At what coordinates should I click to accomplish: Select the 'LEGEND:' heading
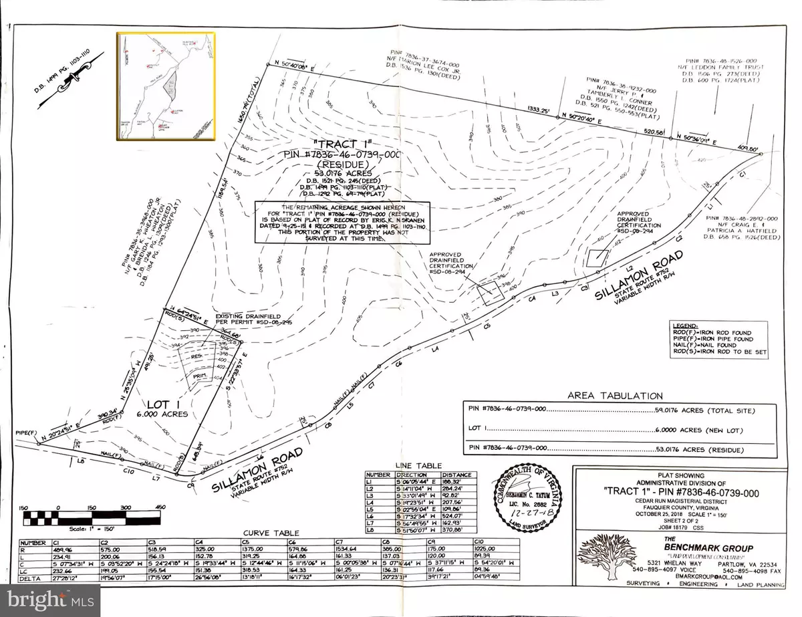(x=689, y=325)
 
